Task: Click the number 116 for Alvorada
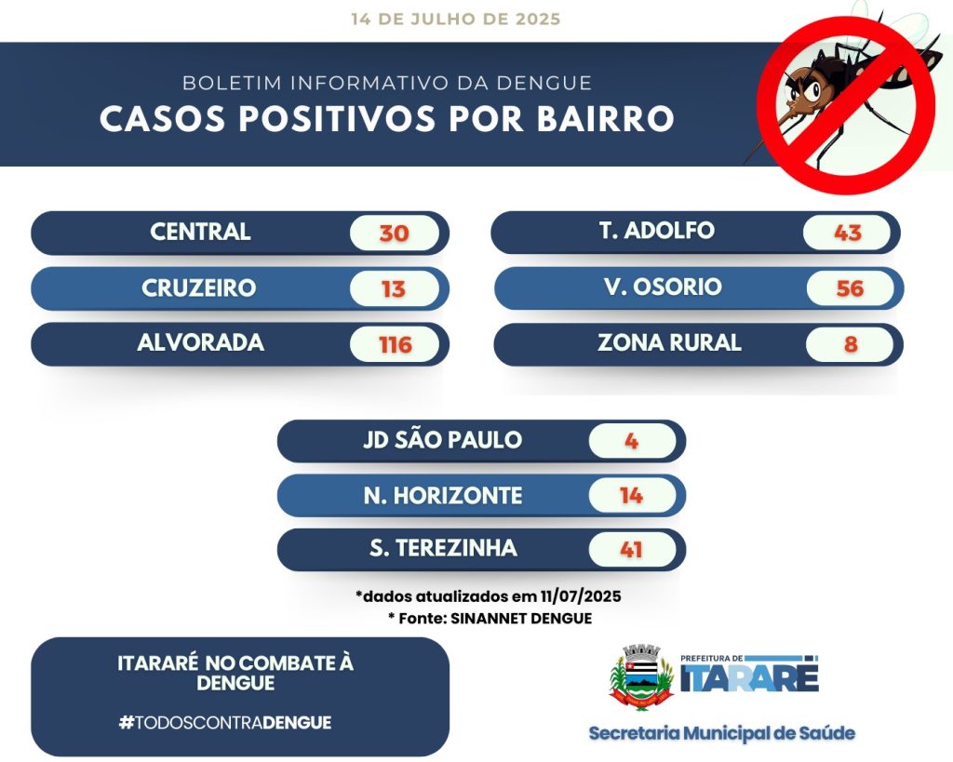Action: coord(396,345)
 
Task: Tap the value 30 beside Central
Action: coord(394,234)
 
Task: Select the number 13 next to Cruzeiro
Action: coord(394,289)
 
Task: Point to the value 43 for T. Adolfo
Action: coord(848,233)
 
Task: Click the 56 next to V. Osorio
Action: coord(850,288)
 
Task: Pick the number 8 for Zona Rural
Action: coord(851,344)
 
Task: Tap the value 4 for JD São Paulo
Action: coord(632,441)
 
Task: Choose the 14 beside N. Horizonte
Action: coord(632,496)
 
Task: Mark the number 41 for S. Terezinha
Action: coord(632,550)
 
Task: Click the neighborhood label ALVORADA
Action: coord(201,342)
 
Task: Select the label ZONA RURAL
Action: coord(669,342)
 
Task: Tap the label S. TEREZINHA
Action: coord(443,548)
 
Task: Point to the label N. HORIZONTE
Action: coord(443,496)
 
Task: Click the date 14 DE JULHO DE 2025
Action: coord(456,19)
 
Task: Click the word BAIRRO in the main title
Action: coord(605,118)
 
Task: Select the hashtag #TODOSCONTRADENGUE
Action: coord(225,723)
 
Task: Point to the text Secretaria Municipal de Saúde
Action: coord(722,733)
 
